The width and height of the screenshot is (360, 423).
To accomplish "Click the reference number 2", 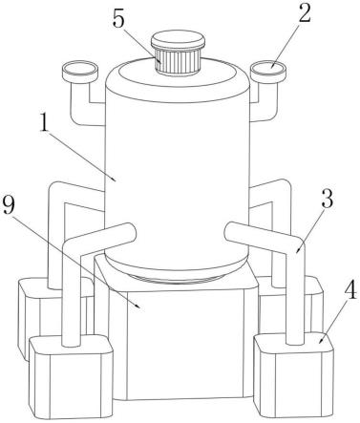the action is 304,13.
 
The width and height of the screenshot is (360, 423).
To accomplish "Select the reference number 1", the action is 44,124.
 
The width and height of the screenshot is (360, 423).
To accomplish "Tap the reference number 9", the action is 9,204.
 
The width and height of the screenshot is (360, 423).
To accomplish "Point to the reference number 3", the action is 328,199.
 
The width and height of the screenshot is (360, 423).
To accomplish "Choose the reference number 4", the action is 351,289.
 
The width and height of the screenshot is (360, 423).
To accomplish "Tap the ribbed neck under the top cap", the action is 178,61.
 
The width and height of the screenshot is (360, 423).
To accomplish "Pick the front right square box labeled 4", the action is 293,374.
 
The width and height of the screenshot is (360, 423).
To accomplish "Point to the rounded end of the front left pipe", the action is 131,232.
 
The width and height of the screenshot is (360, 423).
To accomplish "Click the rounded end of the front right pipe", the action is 230,231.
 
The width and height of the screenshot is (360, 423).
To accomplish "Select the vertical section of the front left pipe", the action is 72,299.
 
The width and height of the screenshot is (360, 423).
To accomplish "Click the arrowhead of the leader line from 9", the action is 138,307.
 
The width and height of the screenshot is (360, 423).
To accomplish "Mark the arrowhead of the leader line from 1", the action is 115,180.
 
